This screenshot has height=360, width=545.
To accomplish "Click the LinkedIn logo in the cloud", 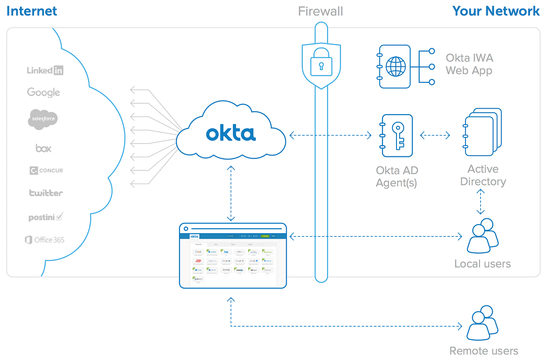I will (45, 70).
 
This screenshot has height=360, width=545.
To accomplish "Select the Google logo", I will (44, 92).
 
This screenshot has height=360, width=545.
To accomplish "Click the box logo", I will (44, 148).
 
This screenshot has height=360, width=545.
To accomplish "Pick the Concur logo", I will (46, 170).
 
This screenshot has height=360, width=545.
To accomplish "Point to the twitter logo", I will (46, 193).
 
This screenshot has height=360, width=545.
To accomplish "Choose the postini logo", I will (45, 217).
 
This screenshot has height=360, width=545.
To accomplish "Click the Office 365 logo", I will (45, 240).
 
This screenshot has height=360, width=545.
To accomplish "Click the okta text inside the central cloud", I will (231, 134).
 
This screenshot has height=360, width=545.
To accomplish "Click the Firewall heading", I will (321, 11).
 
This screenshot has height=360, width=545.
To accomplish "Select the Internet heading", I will (32, 11).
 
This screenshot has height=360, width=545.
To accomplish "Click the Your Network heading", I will (496, 11).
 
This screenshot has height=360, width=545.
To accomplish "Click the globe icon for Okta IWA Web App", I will (395, 67).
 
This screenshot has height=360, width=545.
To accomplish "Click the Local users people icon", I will (481, 235).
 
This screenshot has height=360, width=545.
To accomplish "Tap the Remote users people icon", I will (481, 325).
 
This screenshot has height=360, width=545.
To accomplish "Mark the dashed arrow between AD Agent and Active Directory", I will (435, 135).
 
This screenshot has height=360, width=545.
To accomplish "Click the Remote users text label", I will (483, 351).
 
